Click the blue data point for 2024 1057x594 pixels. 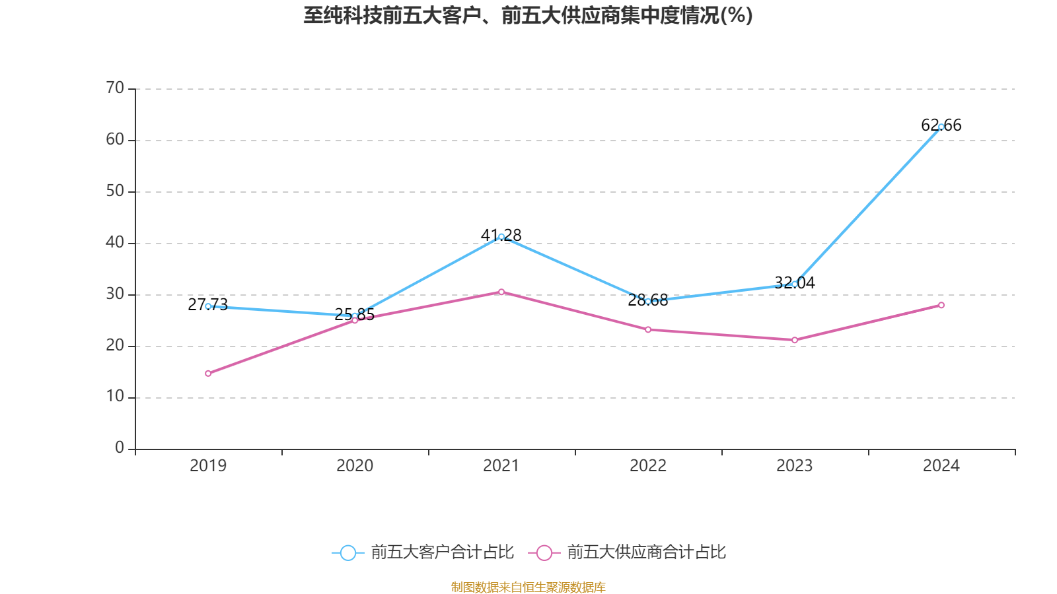pos(941,127)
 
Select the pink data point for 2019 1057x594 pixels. pos(208,374)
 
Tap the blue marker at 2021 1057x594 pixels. pos(501,236)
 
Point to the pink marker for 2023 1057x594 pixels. pos(794,340)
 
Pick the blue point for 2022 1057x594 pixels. pos(648,301)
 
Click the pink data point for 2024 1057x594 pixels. pos(941,305)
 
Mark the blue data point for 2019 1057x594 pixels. pos(208,306)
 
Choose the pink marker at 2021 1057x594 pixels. pos(501,292)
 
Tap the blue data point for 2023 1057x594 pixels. pos(794,284)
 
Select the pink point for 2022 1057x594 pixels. pos(648,329)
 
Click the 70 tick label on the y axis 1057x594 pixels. pos(115,88)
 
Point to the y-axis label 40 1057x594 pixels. pos(115,242)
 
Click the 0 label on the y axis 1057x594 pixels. pos(120,447)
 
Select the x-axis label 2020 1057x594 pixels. pos(355,466)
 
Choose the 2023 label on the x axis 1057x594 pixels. pos(794,466)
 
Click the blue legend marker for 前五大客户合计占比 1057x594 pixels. pos(347,552)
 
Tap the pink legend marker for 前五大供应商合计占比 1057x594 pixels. pos(544,552)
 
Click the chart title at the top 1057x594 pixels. pos(528,15)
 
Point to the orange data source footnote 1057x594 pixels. pos(528,587)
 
